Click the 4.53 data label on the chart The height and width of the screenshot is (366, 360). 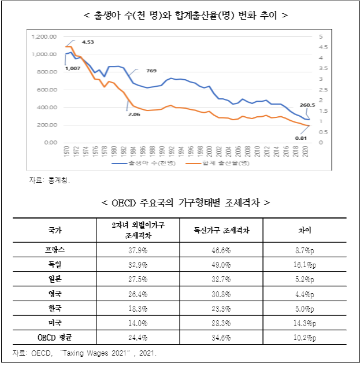point(88,42)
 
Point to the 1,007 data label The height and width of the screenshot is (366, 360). point(72,68)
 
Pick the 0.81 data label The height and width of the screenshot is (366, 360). point(300,138)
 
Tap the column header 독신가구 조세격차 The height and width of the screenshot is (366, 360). point(221,230)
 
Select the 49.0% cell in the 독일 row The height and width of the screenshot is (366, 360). point(221,264)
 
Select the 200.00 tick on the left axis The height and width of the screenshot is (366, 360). point(47,125)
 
